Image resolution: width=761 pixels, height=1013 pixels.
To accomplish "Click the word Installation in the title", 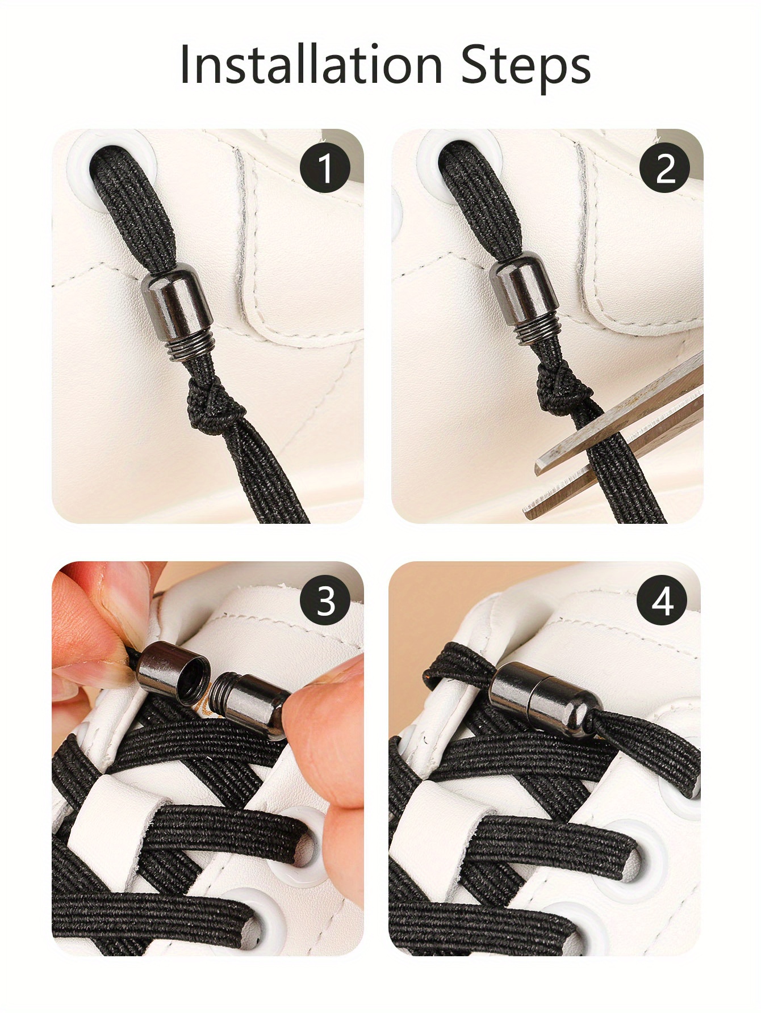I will pos(311,65).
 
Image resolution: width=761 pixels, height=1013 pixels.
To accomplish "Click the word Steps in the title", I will pos(525,66).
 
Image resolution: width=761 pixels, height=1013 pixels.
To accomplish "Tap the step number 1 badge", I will pos(325,168).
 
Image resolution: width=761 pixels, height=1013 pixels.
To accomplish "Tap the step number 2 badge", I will pos(664,168).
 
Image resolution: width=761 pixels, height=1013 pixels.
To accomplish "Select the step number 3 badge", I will pos(325,601).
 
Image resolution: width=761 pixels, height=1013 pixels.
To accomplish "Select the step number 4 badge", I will pos(662,601).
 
